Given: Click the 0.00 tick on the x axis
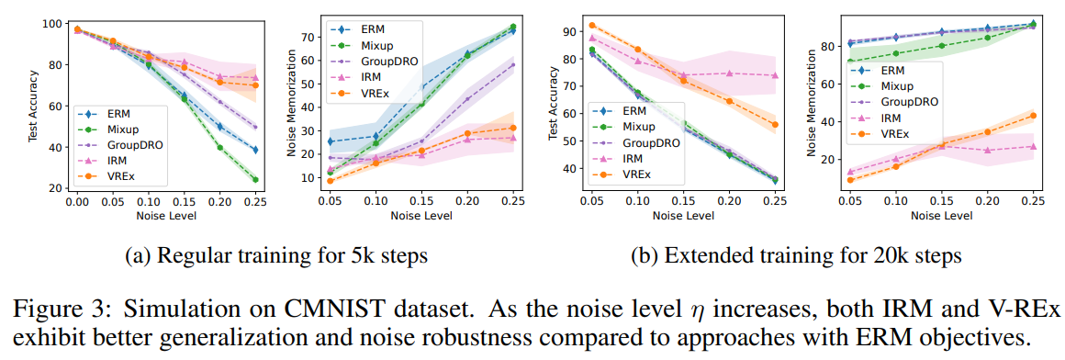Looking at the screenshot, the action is pos(77,202).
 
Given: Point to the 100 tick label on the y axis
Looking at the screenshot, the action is pos(52,24).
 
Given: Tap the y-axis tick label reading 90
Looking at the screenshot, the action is pos(567,31).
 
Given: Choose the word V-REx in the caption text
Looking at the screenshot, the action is pos(1030,310).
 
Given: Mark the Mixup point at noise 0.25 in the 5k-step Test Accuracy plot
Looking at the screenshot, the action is pos(254,180).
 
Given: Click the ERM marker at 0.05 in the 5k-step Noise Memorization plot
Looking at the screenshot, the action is pos(331,142).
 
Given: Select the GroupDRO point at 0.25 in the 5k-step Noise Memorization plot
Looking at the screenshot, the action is pos(512,65).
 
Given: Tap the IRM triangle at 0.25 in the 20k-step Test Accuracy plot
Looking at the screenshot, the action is pos(775,75).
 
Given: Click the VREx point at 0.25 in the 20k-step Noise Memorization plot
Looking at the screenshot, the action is pos(1033,116).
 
